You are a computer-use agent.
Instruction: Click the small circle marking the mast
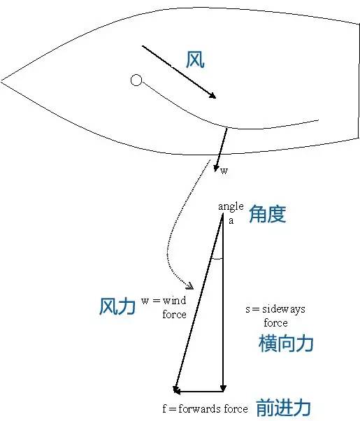point(136,80)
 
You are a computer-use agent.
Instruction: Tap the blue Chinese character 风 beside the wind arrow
point(195,59)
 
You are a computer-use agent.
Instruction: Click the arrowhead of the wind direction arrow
point(213,96)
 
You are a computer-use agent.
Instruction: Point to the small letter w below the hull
point(224,171)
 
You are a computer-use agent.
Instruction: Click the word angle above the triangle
point(231,206)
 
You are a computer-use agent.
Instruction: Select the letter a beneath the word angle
point(231,221)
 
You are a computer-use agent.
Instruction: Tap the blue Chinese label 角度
point(268,214)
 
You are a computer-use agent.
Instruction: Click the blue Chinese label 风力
point(117,306)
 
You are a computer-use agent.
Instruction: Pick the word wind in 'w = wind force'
point(175,301)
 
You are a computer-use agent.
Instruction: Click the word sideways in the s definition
point(284,309)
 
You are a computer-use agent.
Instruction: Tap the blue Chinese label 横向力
point(286,343)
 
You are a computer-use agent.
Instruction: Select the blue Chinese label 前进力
point(284,407)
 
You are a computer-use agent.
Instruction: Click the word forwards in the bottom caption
point(200,409)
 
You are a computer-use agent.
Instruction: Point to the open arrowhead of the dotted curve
point(190,286)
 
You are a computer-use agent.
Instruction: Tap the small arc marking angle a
point(217,259)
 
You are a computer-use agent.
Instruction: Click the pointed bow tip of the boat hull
point(1,80)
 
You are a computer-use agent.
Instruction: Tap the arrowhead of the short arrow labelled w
point(215,169)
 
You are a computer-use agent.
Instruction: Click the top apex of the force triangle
point(222,214)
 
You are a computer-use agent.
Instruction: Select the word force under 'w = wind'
point(175,314)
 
